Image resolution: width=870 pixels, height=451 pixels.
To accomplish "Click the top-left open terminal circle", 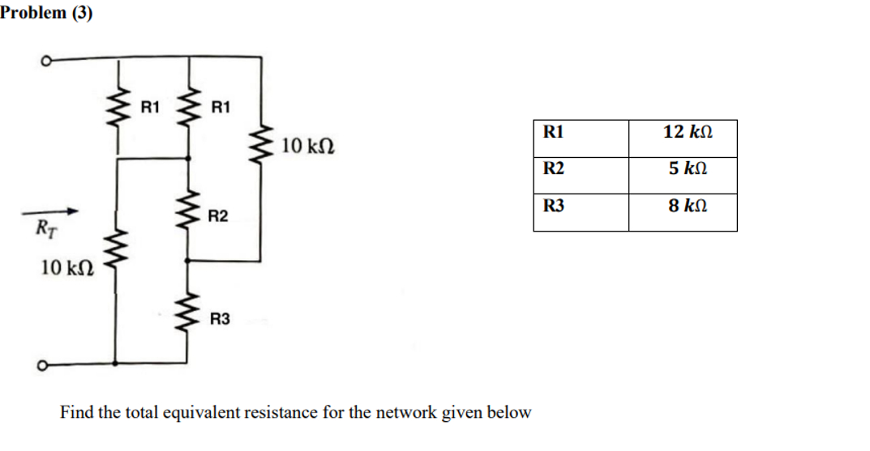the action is pos(46,61).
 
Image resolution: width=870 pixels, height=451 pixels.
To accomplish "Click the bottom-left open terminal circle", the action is pos(41,365).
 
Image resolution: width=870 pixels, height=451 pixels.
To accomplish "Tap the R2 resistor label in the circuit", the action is pos(217,215).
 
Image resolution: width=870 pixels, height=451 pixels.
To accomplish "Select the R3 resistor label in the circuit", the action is pos(219,318).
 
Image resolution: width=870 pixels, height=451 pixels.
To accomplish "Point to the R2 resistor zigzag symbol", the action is pos(188,209).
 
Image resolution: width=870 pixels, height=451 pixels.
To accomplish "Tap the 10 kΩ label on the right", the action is pos(307,146).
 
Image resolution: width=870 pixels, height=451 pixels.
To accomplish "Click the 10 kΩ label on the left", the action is pos(67,268).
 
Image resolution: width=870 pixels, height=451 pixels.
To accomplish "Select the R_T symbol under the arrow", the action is pos(46,228).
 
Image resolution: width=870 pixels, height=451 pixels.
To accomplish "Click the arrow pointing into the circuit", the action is pos(50,211).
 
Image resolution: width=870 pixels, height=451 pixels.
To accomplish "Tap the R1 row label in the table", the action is pos(553,132).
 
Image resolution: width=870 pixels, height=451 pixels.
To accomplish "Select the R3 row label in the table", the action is pos(553,206).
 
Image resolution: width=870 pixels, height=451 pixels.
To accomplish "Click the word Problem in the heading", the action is pos(33,12).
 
